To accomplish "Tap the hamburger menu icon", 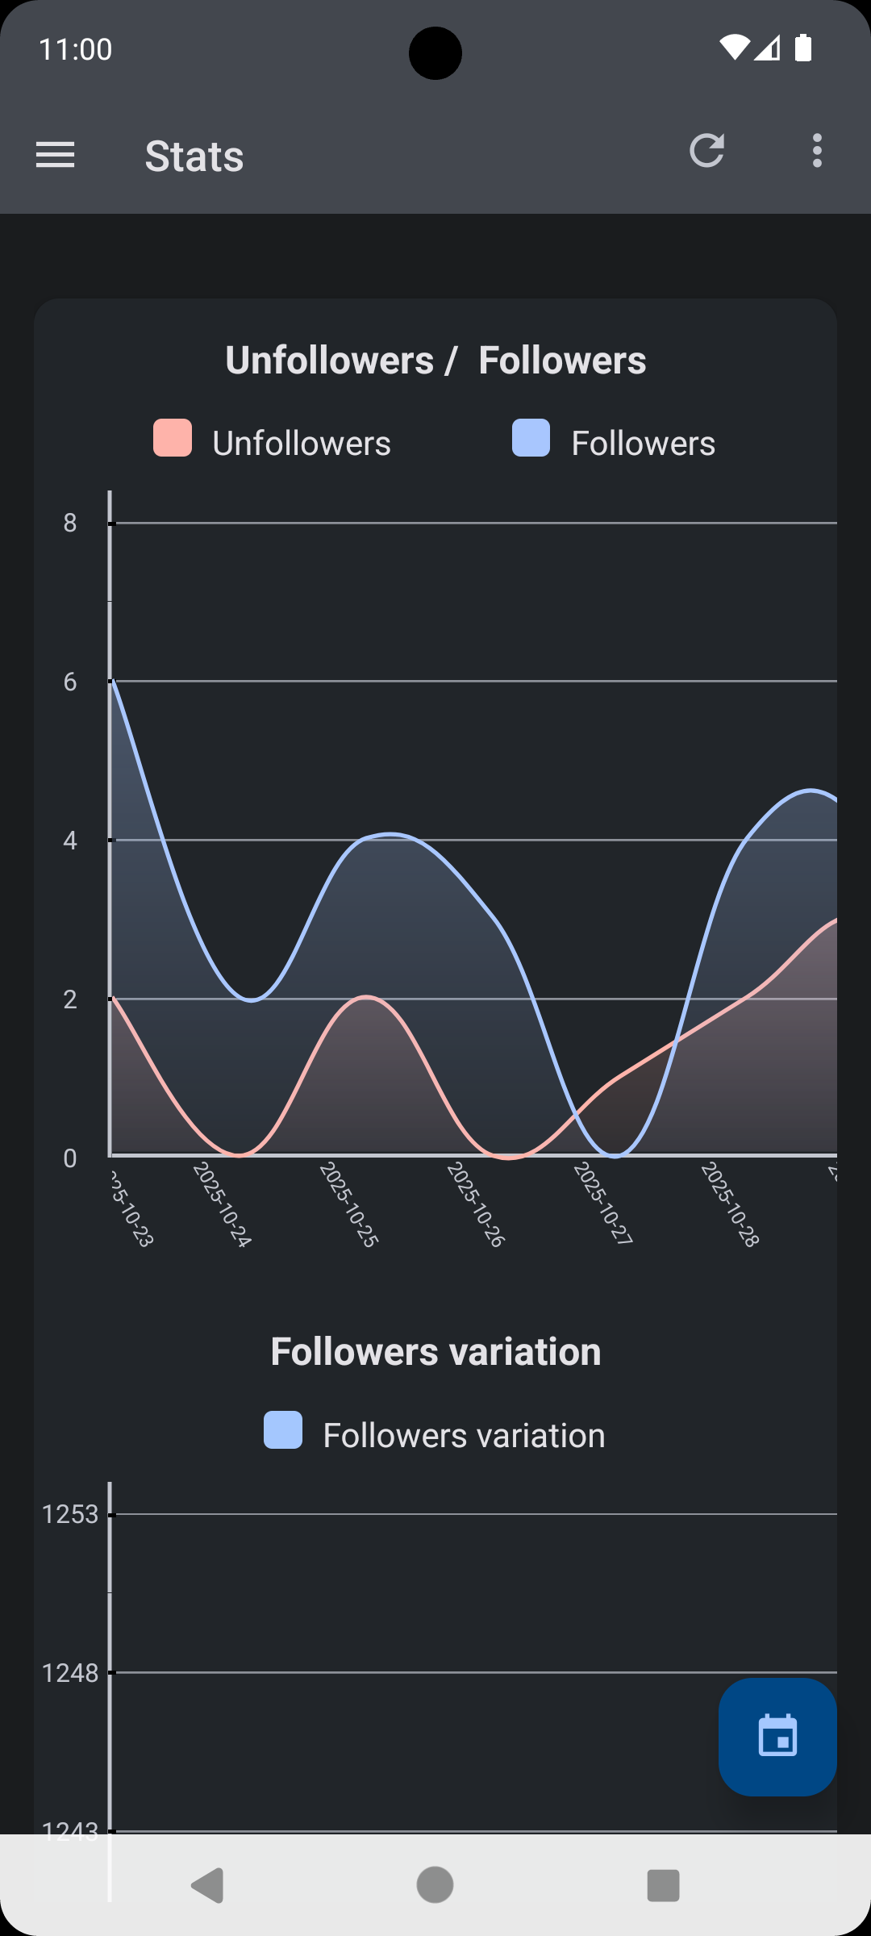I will pyautogui.click(x=55, y=154).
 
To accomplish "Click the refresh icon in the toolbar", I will pyautogui.click(x=707, y=151).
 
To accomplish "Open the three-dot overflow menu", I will pyautogui.click(x=817, y=151).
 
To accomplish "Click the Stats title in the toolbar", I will pyautogui.click(x=194, y=156).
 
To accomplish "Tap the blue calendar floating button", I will pyautogui.click(x=777, y=1737).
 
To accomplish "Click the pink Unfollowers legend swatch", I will pyautogui.click(x=173, y=438).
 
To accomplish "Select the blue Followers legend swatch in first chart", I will pyautogui.click(x=531, y=438).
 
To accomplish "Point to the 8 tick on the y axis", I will pyautogui.click(x=71, y=524).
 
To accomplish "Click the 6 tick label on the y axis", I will pyautogui.click(x=71, y=682).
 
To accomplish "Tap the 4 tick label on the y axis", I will pyautogui.click(x=71, y=841).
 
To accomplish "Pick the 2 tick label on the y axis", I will pyautogui.click(x=71, y=1000).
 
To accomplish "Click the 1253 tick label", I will pyautogui.click(x=70, y=1515).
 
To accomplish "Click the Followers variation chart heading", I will pyautogui.click(x=435, y=1352).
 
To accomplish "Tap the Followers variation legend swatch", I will pyautogui.click(x=283, y=1430).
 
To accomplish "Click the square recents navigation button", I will pyautogui.click(x=663, y=1885).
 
